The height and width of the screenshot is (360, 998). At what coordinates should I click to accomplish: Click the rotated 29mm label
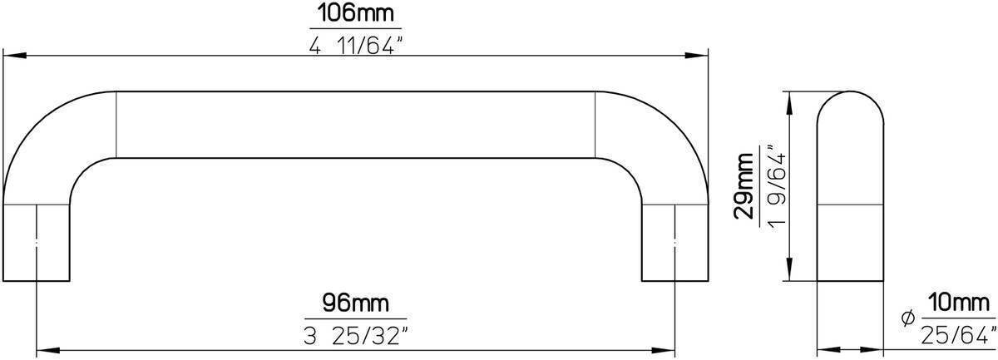pos(746,186)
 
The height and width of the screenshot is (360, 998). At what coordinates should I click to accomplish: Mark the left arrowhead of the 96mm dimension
pos(43,350)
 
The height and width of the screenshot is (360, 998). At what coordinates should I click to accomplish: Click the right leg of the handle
pos(674,241)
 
